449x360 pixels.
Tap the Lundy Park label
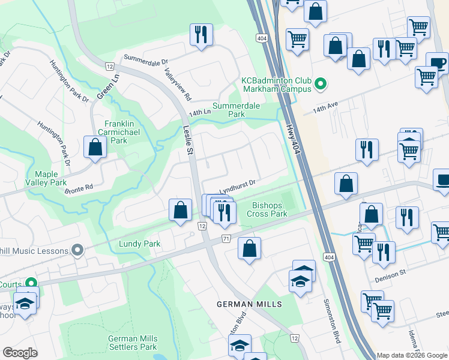tap(139, 244)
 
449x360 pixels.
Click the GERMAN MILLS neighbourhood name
tap(249, 305)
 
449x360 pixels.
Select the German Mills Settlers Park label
tap(132, 343)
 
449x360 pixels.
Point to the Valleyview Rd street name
tap(178, 84)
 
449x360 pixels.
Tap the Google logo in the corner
tap(20, 353)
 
